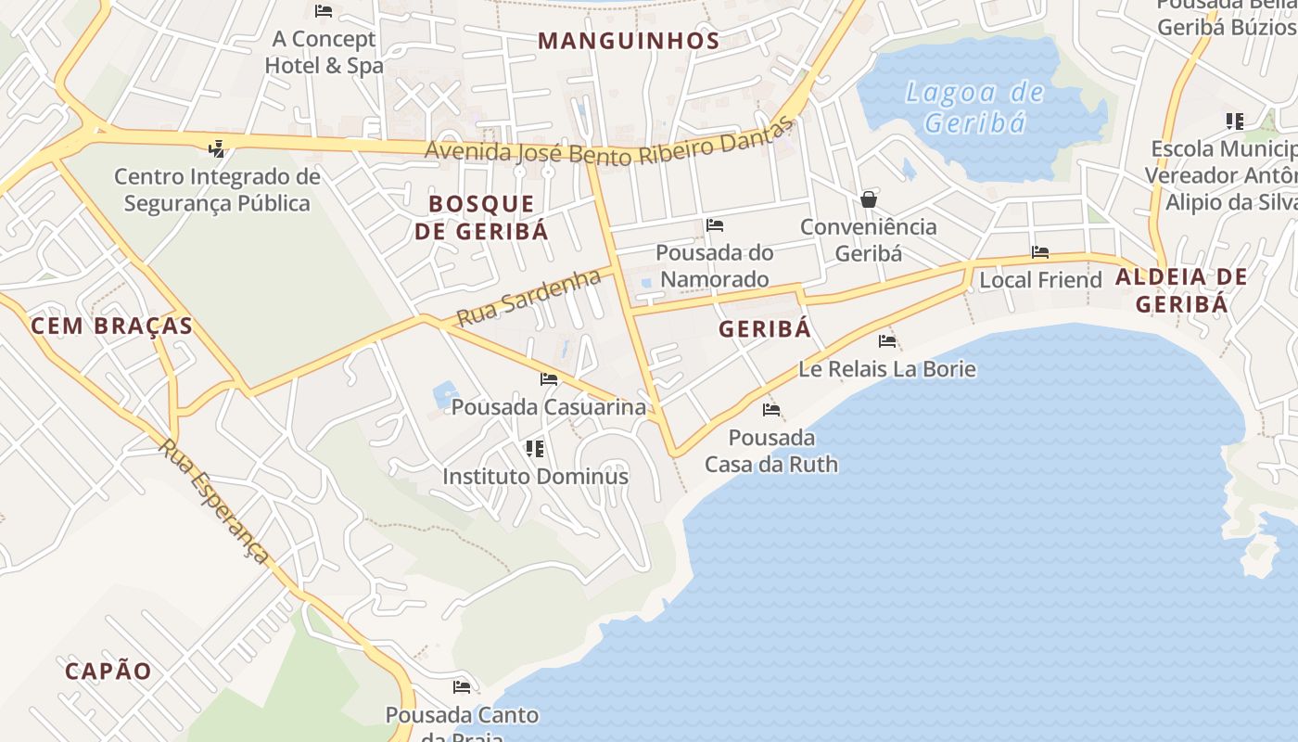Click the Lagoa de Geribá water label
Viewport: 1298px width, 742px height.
pyautogui.click(x=974, y=108)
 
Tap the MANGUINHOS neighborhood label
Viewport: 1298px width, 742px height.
pyautogui.click(x=629, y=41)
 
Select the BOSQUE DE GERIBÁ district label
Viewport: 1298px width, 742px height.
pyautogui.click(x=481, y=217)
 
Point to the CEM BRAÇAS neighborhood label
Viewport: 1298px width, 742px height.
pyautogui.click(x=111, y=326)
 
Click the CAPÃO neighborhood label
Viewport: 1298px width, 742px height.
pyautogui.click(x=108, y=671)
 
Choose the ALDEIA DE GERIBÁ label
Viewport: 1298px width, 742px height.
pyautogui.click(x=1181, y=289)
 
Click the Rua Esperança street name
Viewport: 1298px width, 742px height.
pyautogui.click(x=214, y=501)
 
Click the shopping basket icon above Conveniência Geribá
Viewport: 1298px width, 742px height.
pyautogui.click(x=868, y=199)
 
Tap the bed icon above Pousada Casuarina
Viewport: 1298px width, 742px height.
pyautogui.click(x=549, y=379)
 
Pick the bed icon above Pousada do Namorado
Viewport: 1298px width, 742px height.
pyautogui.click(x=714, y=225)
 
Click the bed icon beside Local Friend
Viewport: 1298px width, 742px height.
pyautogui.click(x=1040, y=252)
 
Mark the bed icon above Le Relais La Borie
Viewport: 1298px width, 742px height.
pyautogui.click(x=887, y=341)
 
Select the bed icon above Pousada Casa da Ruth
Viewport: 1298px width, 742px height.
pyautogui.click(x=770, y=410)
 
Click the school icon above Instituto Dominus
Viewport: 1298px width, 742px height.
pyautogui.click(x=534, y=449)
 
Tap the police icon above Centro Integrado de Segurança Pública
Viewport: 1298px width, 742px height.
pyautogui.click(x=217, y=148)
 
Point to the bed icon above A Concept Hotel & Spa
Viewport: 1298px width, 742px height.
pyautogui.click(x=323, y=11)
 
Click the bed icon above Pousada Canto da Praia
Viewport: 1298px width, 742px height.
pyautogui.click(x=461, y=687)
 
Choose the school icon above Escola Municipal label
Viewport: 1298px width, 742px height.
pyautogui.click(x=1234, y=122)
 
